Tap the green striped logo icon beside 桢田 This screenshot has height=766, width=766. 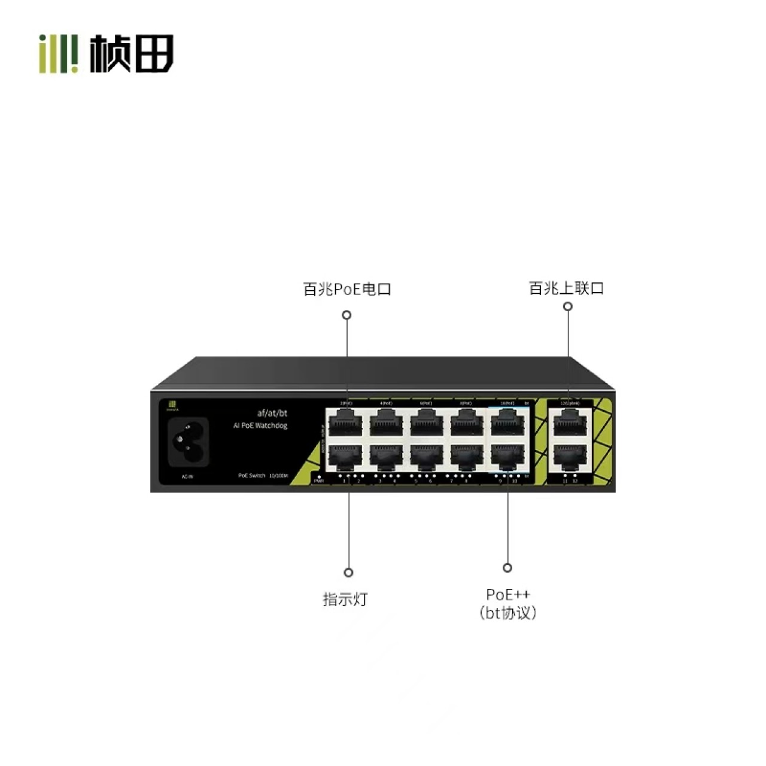[59, 54]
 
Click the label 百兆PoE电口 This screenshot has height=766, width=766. [347, 290]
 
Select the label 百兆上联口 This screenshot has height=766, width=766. [566, 288]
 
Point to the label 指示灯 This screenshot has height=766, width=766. [345, 599]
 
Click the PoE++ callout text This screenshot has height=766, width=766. [507, 594]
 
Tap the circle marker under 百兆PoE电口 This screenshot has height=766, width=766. [346, 315]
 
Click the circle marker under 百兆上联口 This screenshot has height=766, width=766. [568, 306]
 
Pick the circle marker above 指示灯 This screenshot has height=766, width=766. [348, 573]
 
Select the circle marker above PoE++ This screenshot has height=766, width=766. [507, 567]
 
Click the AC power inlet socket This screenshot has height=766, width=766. [188, 442]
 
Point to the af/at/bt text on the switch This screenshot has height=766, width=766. [272, 413]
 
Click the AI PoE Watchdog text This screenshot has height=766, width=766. [260, 425]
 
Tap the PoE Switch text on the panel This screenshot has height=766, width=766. [251, 475]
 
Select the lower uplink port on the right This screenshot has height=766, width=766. [570, 458]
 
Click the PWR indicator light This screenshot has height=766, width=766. [319, 476]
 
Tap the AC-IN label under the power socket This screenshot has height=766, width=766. [187, 477]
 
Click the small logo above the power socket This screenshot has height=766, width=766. [172, 405]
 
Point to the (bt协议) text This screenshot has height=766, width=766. [507, 613]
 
